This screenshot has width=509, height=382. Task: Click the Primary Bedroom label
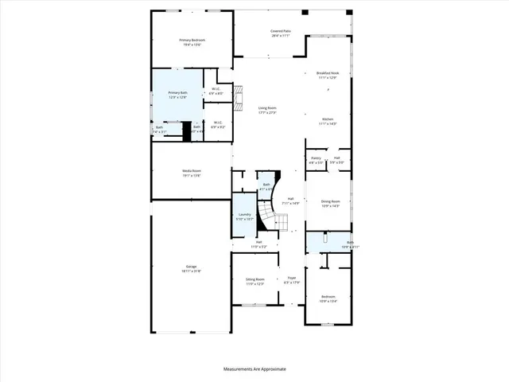coord(192,40)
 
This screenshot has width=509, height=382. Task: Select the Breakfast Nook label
coord(328,72)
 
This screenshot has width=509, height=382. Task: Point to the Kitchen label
coord(328,119)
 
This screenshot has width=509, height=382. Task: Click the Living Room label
coord(266,107)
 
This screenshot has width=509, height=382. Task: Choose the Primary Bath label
coord(177,93)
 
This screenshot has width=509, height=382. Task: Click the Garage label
coord(192,266)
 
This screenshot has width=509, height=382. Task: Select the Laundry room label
coord(245,214)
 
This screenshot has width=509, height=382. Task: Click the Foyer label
coord(291,278)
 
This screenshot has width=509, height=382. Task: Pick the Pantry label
coord(316,158)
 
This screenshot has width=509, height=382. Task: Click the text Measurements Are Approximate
coord(254,368)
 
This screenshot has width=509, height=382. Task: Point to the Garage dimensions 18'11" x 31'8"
coord(192,271)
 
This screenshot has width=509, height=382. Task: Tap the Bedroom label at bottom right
coord(328,296)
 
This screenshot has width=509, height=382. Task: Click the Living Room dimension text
coord(266,113)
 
